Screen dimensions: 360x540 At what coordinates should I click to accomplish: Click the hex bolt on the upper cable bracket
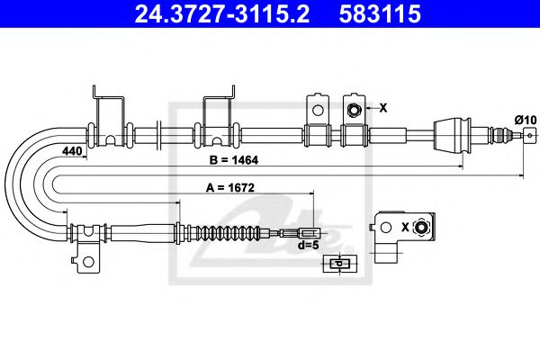355,109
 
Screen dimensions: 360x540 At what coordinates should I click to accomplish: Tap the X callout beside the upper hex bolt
382,108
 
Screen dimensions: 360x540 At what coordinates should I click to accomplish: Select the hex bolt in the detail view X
419,229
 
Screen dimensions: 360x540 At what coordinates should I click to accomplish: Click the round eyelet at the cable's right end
526,137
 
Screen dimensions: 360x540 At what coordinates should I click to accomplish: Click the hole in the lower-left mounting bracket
88,262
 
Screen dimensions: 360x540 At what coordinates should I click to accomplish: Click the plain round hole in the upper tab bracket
316,109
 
